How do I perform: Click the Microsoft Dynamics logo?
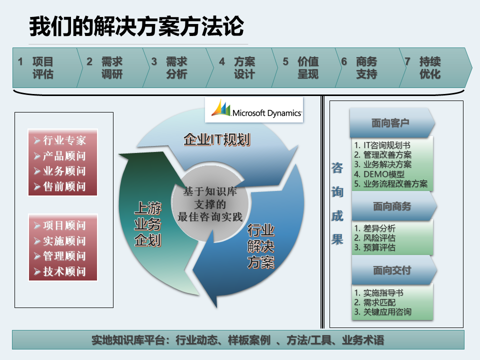[x=254, y=109]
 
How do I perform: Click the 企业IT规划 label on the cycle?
[x=216, y=139]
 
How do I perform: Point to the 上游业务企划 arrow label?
[x=147, y=224]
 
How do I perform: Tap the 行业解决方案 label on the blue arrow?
[x=260, y=246]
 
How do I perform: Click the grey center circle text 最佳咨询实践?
[x=210, y=216]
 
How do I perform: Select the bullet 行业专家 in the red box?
[x=60, y=140]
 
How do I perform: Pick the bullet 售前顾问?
[x=60, y=186]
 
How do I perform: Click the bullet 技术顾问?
[x=60, y=271]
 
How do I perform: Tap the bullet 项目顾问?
[x=60, y=225]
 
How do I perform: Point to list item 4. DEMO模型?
[x=379, y=174]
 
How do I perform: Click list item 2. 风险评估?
[x=374, y=238]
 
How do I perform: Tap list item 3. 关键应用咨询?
[x=382, y=312]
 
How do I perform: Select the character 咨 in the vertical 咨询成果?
[x=337, y=168]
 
